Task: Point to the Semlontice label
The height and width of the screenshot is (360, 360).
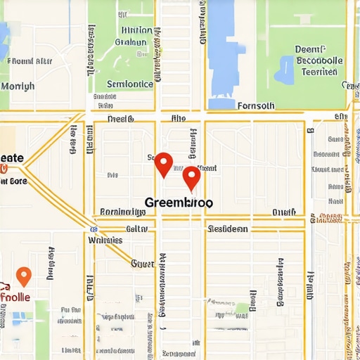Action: pos(129,84)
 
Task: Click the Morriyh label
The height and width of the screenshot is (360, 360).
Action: pos(18,86)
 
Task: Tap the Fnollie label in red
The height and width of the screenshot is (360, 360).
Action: pos(15,297)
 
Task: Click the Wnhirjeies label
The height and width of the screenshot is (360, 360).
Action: pos(105,240)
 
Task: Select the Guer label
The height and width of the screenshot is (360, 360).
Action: pos(142,264)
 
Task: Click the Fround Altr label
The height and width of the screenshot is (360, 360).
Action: pos(30,61)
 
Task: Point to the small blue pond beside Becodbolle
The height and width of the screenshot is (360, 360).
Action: pos(286,70)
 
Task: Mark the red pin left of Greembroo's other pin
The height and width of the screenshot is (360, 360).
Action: pos(163,164)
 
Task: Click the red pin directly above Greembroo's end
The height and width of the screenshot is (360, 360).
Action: pos(191,178)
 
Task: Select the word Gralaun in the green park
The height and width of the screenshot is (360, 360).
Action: pos(130,42)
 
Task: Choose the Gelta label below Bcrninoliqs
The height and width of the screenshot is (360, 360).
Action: pos(136,229)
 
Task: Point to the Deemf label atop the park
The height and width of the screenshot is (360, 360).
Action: pos(310,50)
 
